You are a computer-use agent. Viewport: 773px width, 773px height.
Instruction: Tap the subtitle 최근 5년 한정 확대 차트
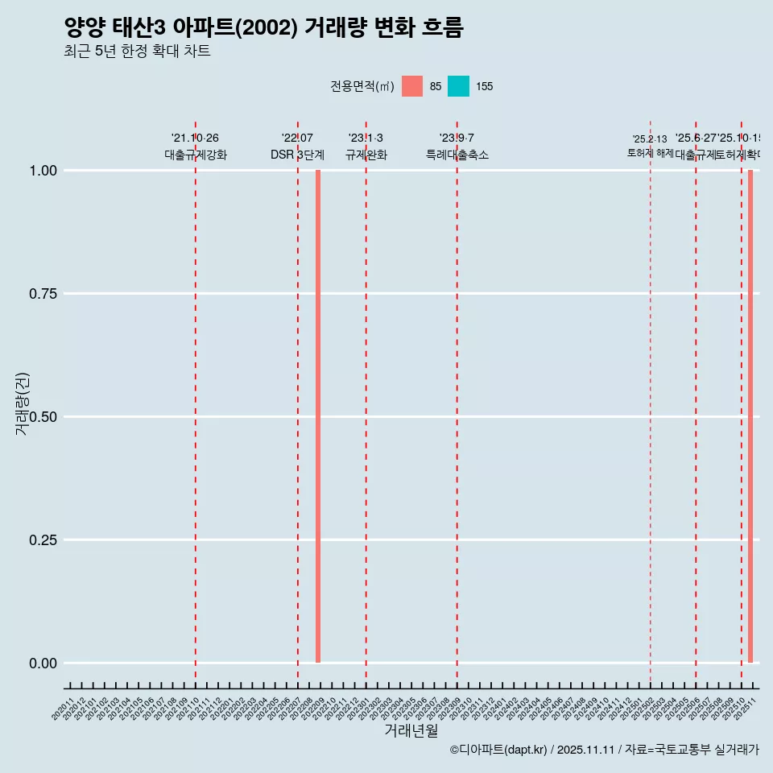[137, 52]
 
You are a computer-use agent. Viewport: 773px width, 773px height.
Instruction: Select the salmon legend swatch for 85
[412, 86]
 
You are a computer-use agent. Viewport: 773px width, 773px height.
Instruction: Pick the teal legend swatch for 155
[458, 86]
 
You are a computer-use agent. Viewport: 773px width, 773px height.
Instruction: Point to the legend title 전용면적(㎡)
[362, 86]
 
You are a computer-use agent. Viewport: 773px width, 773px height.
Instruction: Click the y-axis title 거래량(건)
[22, 403]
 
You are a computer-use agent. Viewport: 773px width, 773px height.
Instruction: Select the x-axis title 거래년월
[411, 730]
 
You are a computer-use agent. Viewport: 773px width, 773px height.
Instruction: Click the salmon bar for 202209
[318, 416]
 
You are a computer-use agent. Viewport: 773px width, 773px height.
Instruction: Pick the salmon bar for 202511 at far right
[750, 416]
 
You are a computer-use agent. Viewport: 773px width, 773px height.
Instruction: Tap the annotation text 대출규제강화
[196, 155]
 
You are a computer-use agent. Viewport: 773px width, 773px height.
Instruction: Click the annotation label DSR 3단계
[297, 155]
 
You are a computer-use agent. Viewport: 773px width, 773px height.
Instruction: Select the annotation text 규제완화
[366, 155]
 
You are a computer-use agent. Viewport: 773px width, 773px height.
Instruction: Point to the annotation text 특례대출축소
[457, 155]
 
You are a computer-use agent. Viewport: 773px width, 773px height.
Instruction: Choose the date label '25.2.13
[650, 139]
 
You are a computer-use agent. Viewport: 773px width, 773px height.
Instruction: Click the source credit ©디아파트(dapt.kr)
[498, 750]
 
